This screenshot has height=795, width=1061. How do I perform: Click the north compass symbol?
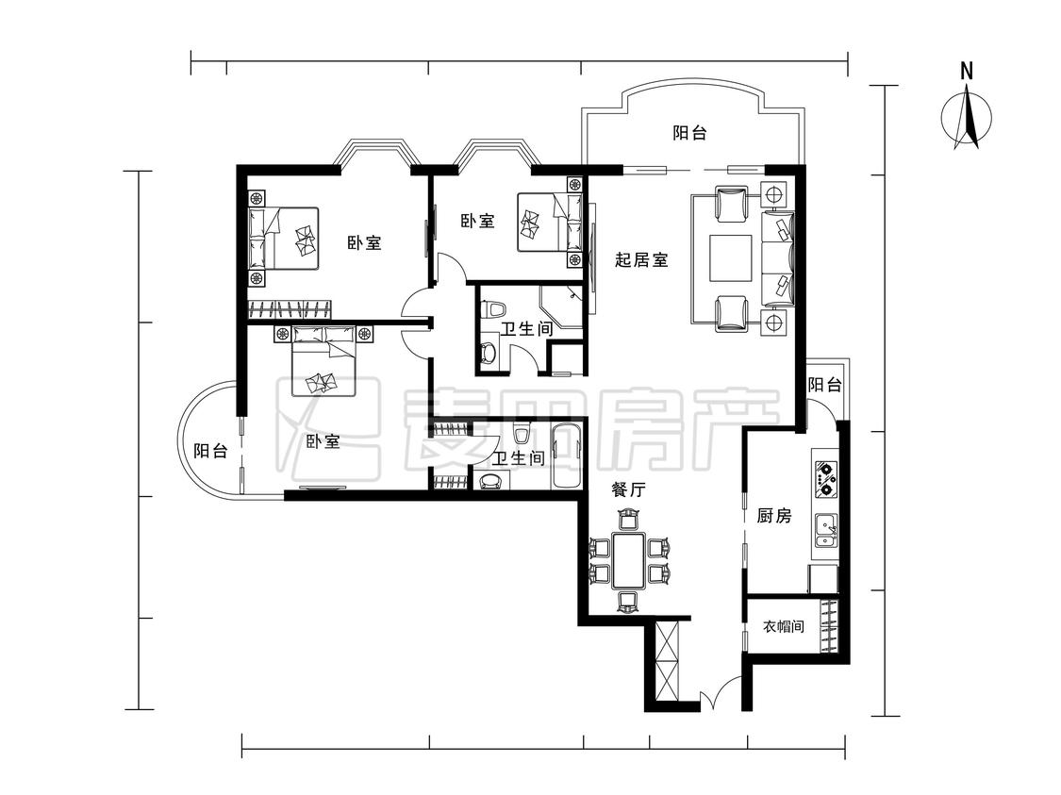pos(967,119)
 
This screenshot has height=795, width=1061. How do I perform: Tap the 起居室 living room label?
pos(641,259)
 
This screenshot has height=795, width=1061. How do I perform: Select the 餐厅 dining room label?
pos(629,489)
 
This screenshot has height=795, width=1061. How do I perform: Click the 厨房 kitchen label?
pos(774,516)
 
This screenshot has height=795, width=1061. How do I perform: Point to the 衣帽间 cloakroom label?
pos(784,626)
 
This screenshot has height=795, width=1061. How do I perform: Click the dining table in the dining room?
pos(629,560)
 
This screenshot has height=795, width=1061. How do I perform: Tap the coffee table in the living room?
pos(730,257)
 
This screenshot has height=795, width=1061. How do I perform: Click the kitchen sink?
pos(826,530)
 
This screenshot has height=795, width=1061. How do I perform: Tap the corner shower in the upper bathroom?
pos(562,306)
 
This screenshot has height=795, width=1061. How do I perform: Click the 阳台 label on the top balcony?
pos(689,133)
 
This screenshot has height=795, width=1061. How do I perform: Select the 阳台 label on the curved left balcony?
pos(210,451)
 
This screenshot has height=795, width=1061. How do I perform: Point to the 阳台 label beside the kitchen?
pos(825,385)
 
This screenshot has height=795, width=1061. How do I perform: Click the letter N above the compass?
pos(967,71)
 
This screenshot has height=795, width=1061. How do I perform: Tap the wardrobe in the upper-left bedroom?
pos(290,308)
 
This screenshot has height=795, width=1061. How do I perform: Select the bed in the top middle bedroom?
pos(550,223)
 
